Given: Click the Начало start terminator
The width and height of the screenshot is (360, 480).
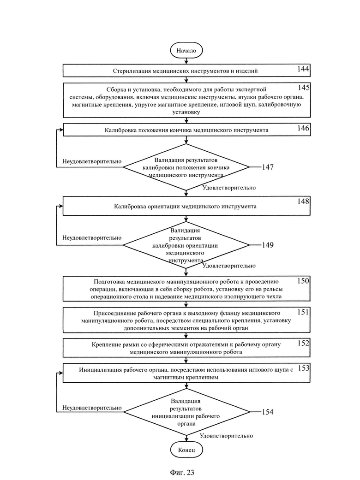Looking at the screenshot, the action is (186, 51).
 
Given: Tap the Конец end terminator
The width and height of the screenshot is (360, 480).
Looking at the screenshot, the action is (186, 450).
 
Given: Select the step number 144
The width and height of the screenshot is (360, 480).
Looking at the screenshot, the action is (303, 69).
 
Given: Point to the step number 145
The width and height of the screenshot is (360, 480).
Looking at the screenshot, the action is (304, 88).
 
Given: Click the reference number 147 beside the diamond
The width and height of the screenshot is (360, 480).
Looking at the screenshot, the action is (268, 167).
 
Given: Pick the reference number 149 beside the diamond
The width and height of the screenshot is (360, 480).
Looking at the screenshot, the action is (268, 245).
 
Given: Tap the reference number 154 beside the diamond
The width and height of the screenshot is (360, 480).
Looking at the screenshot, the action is (268, 412).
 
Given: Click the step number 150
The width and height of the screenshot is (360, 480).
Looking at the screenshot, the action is (303, 281).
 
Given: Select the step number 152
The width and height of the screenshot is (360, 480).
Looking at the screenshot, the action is (303, 343).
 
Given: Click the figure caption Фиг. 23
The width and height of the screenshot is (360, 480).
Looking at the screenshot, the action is (182, 472).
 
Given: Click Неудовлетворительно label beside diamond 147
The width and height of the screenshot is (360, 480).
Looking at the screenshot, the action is (92, 161).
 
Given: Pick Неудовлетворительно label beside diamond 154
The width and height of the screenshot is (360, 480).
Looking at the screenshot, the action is (92, 408).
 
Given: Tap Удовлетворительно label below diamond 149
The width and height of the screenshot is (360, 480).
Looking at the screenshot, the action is (229, 266).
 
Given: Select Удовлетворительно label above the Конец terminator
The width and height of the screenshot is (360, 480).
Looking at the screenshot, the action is (227, 436).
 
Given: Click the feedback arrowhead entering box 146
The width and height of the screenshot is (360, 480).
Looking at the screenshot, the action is (61, 130).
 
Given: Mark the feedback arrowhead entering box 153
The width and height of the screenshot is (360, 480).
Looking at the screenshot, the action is (61, 373).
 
